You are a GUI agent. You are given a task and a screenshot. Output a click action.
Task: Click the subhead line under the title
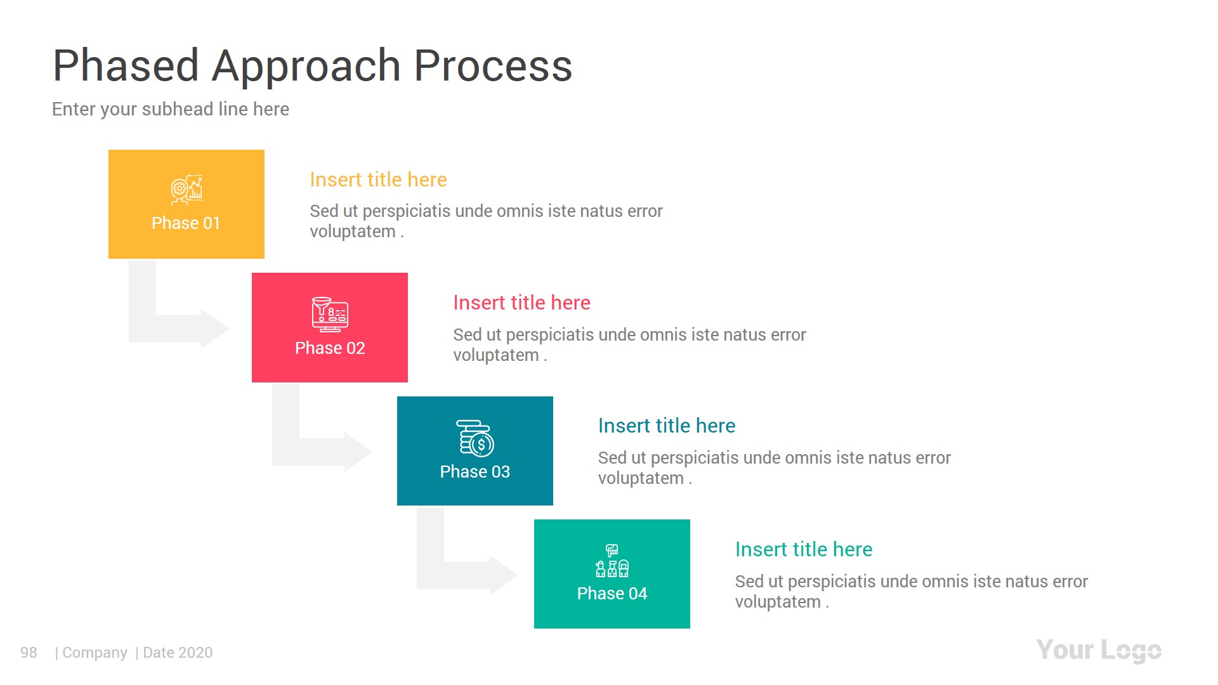point(170,109)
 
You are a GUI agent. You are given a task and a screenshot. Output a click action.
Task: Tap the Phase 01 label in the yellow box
point(185,223)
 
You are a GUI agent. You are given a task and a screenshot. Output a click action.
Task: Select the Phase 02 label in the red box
point(329,348)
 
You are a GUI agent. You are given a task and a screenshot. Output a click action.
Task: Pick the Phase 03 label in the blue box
point(475,472)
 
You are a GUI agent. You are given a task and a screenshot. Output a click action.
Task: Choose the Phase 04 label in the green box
point(612,594)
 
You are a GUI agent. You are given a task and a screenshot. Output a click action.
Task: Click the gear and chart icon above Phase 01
point(187,190)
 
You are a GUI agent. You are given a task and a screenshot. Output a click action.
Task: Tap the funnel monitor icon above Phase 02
point(330,314)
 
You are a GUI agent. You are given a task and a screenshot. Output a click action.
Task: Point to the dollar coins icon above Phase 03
point(476,438)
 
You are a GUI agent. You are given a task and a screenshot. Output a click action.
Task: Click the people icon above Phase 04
point(612,561)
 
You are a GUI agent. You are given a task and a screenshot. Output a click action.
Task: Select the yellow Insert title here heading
point(378,179)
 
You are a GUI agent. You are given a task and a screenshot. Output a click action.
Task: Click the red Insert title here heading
point(521,303)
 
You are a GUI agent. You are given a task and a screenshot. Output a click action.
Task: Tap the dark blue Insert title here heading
point(666,426)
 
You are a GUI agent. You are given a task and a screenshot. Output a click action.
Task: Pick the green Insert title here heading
point(803,549)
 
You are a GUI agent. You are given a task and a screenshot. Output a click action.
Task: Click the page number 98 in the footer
point(29,653)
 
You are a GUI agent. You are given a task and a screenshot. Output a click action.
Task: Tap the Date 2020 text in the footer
point(178,653)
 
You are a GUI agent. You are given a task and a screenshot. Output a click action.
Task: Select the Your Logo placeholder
point(1098,651)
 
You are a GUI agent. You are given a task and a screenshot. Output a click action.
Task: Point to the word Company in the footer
point(95,653)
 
